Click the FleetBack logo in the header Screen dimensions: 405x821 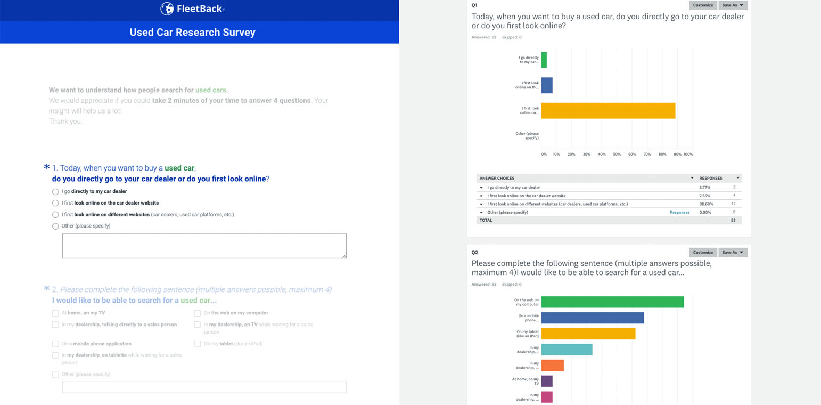pos(192,9)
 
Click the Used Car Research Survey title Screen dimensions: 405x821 pos(192,33)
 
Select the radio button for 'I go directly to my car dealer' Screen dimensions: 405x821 pos(55,192)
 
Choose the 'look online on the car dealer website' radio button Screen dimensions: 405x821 pos(55,203)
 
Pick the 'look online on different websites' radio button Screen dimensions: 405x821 pos(55,215)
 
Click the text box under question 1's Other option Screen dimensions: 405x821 pos(204,246)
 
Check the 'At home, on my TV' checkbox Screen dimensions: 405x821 pos(55,313)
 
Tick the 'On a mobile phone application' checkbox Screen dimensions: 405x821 pos(55,344)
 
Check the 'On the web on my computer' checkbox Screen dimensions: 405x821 pos(197,313)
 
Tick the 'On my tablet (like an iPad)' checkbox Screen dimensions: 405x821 pos(197,344)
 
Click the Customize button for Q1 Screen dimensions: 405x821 pos(703,5)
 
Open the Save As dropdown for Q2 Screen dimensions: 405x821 pos(733,253)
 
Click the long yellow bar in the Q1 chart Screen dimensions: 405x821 pos(608,111)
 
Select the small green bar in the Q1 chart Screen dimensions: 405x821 pos(544,60)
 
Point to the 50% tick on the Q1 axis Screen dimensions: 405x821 pos(617,155)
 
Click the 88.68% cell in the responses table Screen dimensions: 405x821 pos(706,204)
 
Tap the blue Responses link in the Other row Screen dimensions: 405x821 pos(679,213)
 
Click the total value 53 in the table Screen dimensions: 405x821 pos(733,221)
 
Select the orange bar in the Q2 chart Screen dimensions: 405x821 pos(553,365)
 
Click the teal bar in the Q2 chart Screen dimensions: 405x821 pos(567,350)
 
